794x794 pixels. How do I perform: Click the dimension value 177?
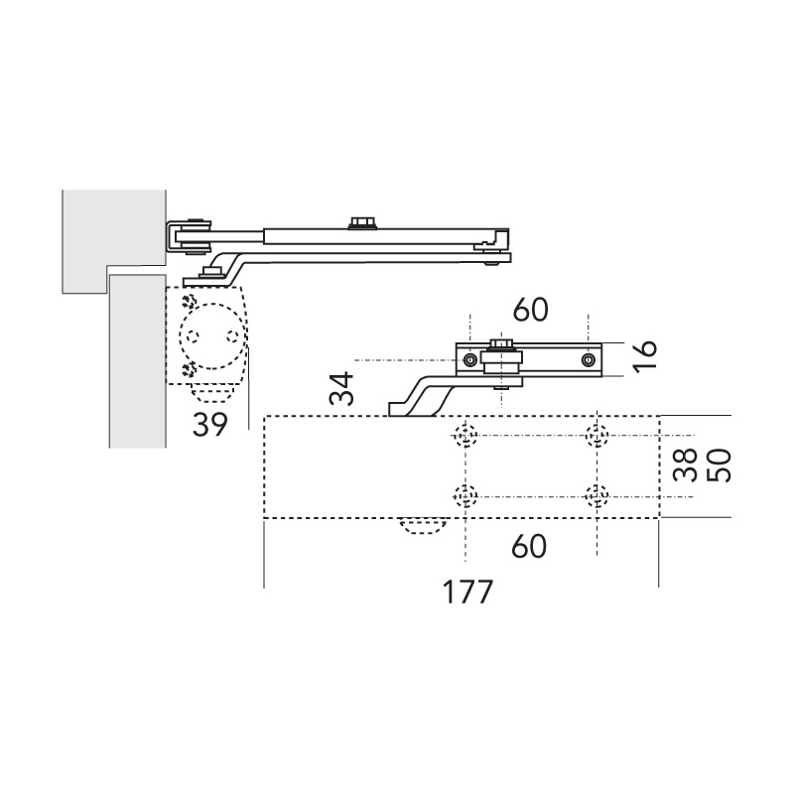coord(467,592)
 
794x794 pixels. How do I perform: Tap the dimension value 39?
coord(210,424)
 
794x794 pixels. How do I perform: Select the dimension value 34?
coord(341,388)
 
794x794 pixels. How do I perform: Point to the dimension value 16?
coord(645,355)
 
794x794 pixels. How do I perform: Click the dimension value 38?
coord(687,465)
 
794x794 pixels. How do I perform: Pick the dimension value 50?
coord(719,465)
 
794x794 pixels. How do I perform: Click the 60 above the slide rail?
coord(530,310)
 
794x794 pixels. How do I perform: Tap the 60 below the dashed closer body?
coord(529,546)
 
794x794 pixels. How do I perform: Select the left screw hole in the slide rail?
coord(469,360)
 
